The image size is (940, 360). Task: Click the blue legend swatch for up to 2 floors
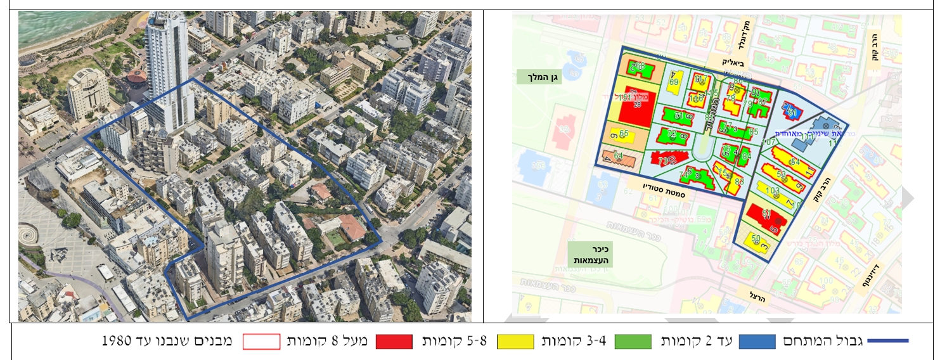coord(757,342)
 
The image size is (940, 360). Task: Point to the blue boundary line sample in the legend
coord(887,342)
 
